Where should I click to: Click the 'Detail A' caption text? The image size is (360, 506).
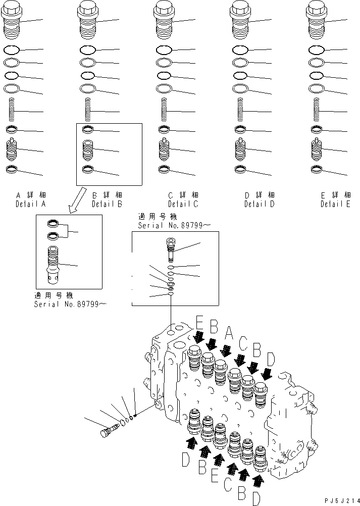pyautogui.click(x=30, y=204)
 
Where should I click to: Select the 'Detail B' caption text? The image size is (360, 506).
pyautogui.click(x=107, y=204)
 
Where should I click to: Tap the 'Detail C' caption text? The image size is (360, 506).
pyautogui.click(x=183, y=204)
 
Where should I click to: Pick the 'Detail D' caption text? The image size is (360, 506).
pyautogui.click(x=259, y=204)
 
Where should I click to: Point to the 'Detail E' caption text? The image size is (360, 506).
pyautogui.click(x=335, y=204)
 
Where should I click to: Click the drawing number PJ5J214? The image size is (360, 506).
pyautogui.click(x=340, y=499)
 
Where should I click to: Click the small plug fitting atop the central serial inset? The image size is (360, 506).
pyautogui.click(x=171, y=247)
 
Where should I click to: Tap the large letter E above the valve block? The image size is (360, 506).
pyautogui.click(x=199, y=323)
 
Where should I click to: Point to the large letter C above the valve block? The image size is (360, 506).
pyautogui.click(x=243, y=343)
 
